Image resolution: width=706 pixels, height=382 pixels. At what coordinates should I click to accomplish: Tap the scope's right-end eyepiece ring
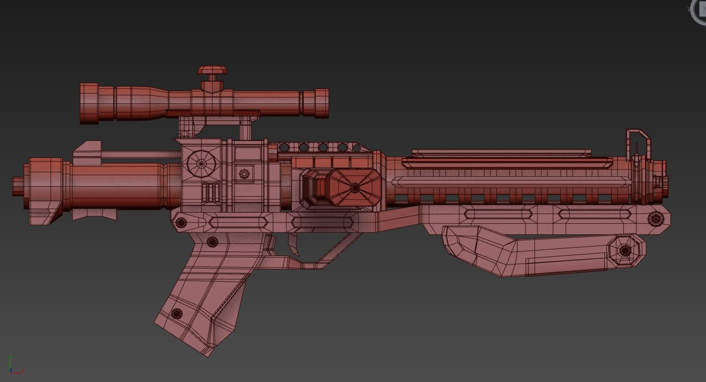tap(321, 103)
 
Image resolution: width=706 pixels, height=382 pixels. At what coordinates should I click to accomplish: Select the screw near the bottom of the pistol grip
tap(177, 314)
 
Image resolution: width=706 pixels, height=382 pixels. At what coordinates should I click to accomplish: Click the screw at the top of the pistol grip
tap(212, 242)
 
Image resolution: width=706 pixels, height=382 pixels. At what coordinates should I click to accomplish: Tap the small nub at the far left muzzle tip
tap(17, 185)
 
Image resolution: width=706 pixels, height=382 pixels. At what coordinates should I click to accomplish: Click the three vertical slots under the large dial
tap(211, 192)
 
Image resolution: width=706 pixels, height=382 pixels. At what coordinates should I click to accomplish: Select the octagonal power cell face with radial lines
tap(354, 188)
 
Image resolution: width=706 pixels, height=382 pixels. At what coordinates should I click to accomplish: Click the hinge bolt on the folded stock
tap(625, 251)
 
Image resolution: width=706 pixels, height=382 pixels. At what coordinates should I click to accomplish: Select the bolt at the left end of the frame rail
tap(181, 222)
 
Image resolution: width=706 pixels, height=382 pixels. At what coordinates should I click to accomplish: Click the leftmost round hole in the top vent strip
tap(284, 148)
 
